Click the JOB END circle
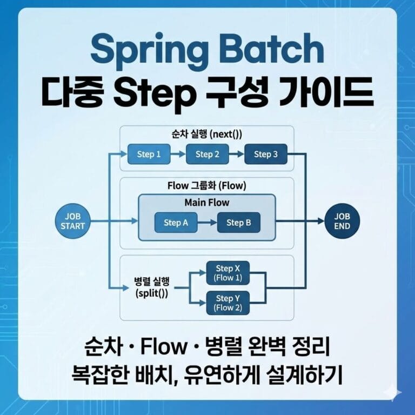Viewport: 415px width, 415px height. click(x=342, y=221)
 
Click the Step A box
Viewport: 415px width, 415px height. click(x=172, y=223)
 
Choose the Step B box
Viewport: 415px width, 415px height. click(x=238, y=223)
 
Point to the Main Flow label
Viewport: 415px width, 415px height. click(x=207, y=203)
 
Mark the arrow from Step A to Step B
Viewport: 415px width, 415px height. click(x=206, y=223)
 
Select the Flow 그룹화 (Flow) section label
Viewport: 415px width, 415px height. click(x=207, y=186)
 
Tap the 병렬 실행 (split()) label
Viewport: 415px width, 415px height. click(x=152, y=288)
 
